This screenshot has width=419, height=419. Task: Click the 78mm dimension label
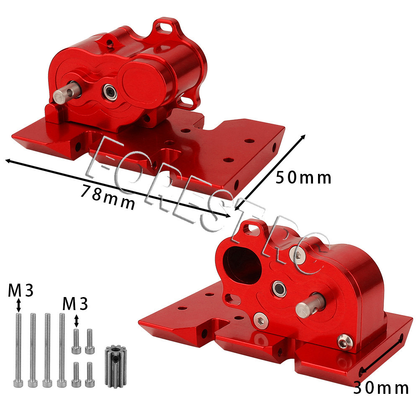tap(107, 197)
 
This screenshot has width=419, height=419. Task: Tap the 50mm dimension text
tap(303, 178)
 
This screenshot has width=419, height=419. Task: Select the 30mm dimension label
tap(381, 388)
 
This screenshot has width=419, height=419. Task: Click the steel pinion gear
tap(116, 366)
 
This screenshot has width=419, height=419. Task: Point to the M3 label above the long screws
tap(21, 290)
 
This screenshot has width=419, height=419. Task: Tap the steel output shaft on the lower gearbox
tap(310, 306)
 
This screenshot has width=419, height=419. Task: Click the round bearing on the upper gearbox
tap(110, 92)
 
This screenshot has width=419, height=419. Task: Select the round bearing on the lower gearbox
tap(279, 289)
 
